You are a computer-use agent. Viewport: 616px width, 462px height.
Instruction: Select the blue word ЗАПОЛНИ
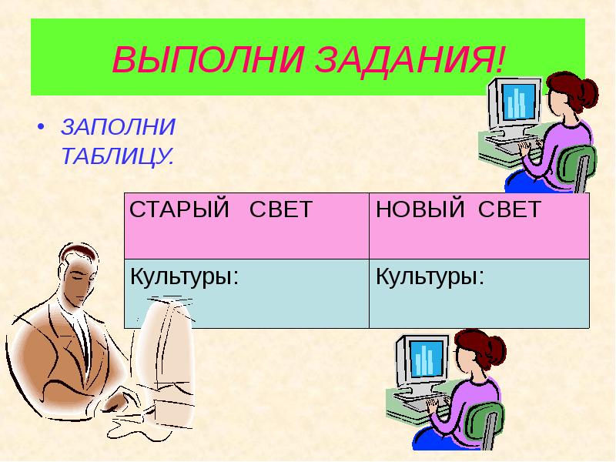click(118, 126)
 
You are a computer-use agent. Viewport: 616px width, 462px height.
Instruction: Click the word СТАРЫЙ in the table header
click(179, 210)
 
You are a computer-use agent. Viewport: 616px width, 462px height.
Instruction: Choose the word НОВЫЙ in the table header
click(417, 210)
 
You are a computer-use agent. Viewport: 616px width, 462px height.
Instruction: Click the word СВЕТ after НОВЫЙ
click(505, 210)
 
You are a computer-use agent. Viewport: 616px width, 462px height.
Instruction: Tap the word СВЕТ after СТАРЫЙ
click(282, 210)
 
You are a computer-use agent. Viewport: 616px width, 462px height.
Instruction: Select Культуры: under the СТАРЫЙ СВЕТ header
click(182, 276)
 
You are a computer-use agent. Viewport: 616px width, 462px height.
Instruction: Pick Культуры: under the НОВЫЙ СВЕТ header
click(430, 276)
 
